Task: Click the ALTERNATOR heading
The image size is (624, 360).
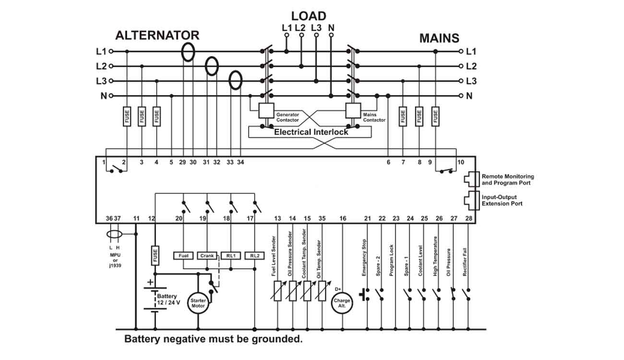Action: (x=157, y=36)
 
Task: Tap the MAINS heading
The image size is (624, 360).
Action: (x=439, y=38)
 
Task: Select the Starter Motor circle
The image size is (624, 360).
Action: (x=198, y=303)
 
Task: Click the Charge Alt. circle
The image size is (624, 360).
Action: (x=342, y=303)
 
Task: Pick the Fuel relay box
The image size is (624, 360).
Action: (x=183, y=256)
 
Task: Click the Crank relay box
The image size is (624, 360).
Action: (x=207, y=256)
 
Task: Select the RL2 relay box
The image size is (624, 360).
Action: (x=254, y=256)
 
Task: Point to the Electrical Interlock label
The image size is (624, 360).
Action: (x=311, y=132)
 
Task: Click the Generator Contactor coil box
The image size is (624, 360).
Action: (x=266, y=110)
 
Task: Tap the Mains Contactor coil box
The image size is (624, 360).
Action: (x=353, y=110)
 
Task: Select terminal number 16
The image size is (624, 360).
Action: (x=343, y=218)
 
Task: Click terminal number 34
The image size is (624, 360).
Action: (x=240, y=162)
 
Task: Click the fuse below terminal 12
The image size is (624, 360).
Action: (x=155, y=255)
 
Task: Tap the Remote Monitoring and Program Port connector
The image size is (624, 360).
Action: (x=472, y=179)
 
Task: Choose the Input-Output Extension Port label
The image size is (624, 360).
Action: (x=502, y=200)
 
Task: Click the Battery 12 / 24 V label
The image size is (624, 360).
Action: (x=168, y=299)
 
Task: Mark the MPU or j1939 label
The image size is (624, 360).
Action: (x=115, y=260)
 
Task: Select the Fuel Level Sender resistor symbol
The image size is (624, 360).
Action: (x=278, y=291)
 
